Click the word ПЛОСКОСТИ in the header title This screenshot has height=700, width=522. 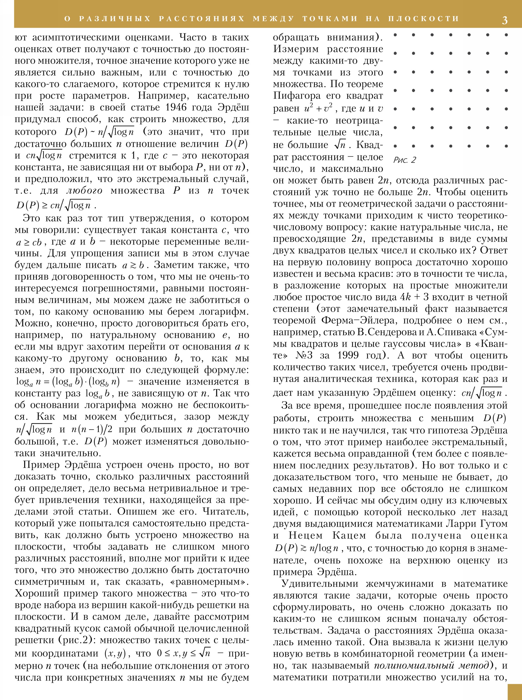[x=423, y=19]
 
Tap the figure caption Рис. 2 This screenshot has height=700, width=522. [x=405, y=160]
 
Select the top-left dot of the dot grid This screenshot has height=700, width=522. [x=395, y=35]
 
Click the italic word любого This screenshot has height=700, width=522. [x=84, y=191]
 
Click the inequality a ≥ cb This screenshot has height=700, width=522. [x=28, y=242]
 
